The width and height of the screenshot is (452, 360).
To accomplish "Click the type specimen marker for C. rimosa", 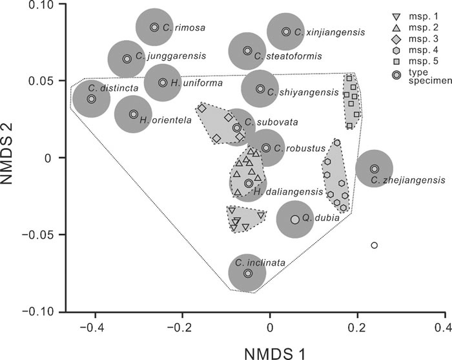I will (154, 27).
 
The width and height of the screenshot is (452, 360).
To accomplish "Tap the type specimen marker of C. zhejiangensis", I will (375, 169).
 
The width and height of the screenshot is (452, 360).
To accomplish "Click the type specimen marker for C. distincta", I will (92, 99).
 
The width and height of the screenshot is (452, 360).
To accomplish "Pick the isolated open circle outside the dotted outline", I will (375, 245).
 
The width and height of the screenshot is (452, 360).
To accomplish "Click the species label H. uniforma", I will (190, 83).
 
